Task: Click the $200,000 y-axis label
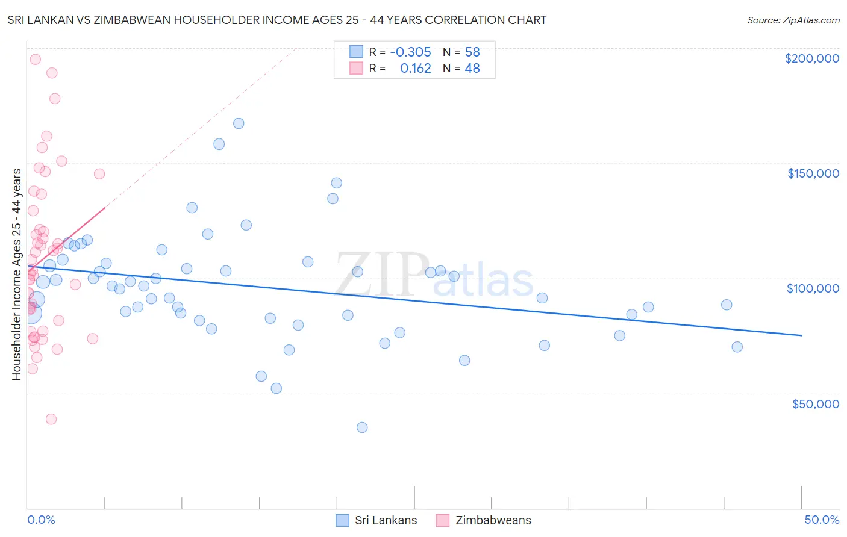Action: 811,58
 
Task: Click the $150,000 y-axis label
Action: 813,173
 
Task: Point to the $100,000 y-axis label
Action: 813,288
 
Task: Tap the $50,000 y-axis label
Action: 815,403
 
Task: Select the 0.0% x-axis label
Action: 41,520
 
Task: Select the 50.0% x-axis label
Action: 822,520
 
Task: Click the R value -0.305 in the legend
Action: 410,52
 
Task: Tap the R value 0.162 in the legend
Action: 416,69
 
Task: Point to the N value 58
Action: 472,52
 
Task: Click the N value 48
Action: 472,69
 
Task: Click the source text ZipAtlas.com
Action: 793,20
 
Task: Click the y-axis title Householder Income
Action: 17,275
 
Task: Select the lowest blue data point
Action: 362,427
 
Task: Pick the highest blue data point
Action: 239,123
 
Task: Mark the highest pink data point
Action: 36,60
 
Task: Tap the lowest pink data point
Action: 51,419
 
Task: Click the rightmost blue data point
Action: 737,347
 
